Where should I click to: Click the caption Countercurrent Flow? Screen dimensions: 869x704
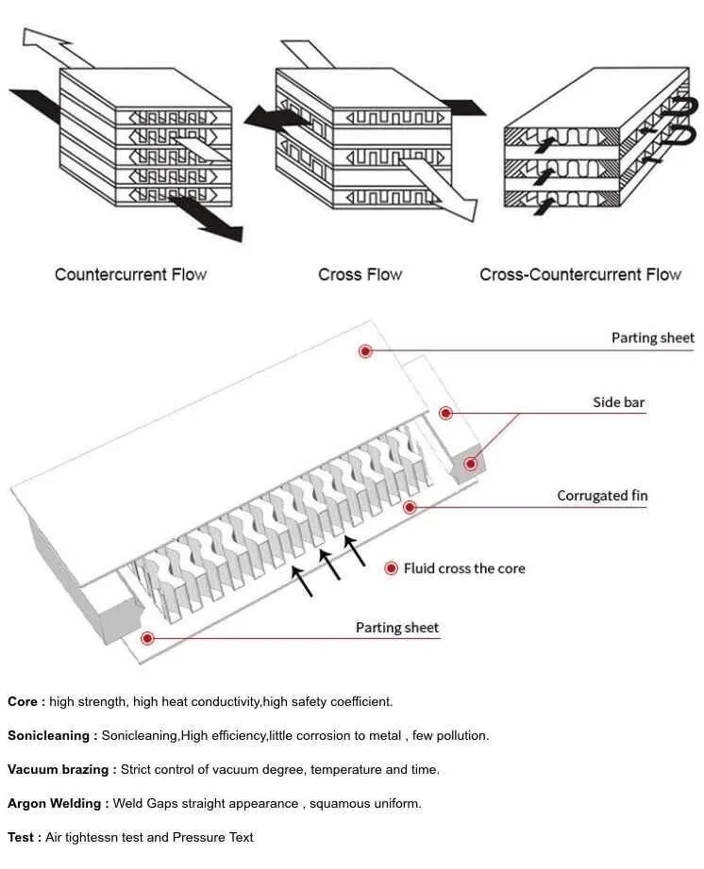tap(130, 274)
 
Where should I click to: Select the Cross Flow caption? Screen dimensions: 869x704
tap(360, 274)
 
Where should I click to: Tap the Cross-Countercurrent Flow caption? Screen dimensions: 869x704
tap(579, 274)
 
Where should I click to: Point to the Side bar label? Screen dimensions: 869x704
tap(618, 402)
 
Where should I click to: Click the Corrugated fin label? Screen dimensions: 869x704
tap(602, 496)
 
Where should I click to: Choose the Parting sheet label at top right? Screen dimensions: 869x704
tap(652, 337)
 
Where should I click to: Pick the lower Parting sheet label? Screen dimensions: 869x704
tap(396, 628)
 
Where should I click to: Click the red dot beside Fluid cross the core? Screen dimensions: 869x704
tap(391, 568)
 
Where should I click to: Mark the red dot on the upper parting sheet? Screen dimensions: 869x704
tap(365, 351)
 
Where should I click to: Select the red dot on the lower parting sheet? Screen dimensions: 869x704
tap(147, 638)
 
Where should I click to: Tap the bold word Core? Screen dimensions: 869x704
tap(25, 701)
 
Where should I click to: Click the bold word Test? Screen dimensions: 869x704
tap(24, 837)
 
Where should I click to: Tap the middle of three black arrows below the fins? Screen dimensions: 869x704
tap(329, 563)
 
